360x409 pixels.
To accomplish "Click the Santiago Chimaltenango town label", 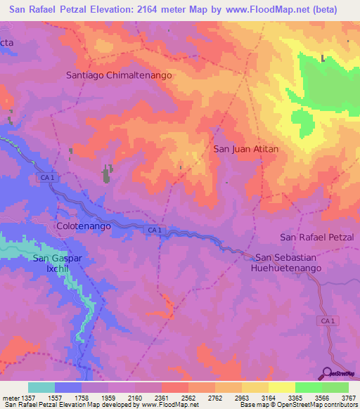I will pos(119,74).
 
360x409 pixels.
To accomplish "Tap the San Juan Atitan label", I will pos(246,149).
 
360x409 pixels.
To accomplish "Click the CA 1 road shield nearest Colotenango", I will pos(155,230).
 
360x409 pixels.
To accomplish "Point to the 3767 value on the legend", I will pos(348,398).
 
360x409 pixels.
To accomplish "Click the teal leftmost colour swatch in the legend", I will pos(41,387).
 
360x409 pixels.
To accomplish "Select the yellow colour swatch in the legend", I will pos(281,387).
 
